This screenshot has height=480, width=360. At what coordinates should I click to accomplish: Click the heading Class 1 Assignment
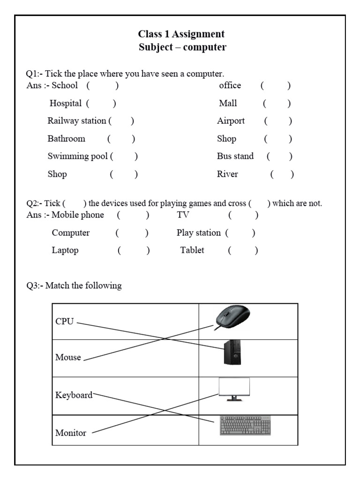click(181, 34)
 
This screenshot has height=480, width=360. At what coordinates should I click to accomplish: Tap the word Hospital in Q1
click(66, 103)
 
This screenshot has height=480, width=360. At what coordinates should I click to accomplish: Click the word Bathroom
click(66, 139)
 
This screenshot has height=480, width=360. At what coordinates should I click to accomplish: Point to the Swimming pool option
click(77, 157)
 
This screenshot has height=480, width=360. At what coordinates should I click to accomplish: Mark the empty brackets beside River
click(282, 174)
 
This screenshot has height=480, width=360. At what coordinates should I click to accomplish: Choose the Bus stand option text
click(235, 157)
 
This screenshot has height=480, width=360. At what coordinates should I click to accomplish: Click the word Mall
click(228, 103)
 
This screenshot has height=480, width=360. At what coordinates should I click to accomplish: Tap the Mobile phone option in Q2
click(78, 215)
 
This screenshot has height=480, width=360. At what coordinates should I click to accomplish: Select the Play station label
click(198, 232)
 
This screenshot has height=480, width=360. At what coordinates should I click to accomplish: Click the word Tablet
click(192, 250)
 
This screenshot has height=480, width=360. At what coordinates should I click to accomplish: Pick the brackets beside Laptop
click(134, 250)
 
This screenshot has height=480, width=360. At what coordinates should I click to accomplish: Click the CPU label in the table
click(64, 322)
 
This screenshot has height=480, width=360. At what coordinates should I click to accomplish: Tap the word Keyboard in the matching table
click(74, 395)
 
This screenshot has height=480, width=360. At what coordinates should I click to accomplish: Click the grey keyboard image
click(245, 426)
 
